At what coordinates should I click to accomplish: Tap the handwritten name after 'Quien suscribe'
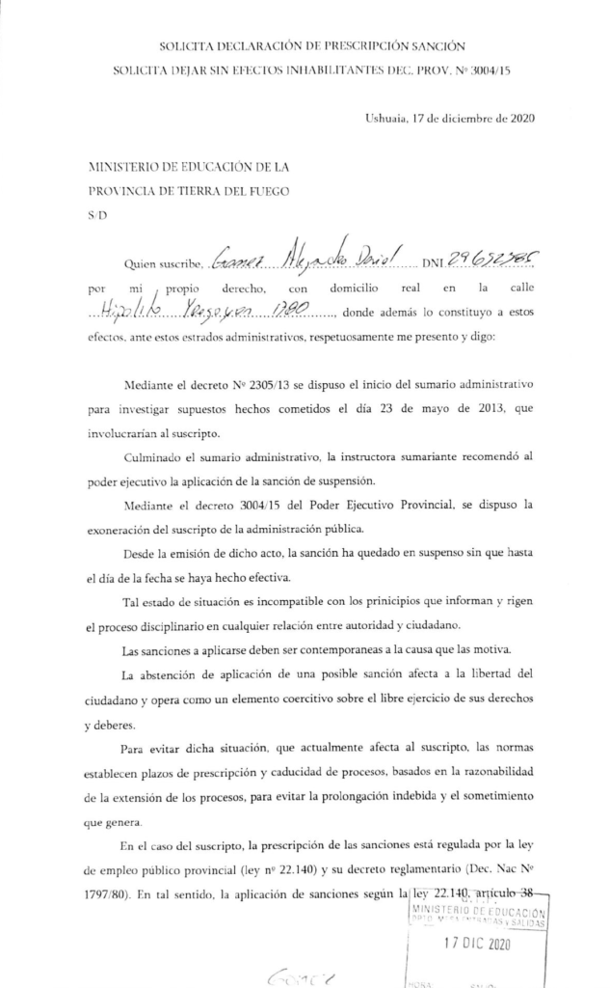(306, 259)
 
